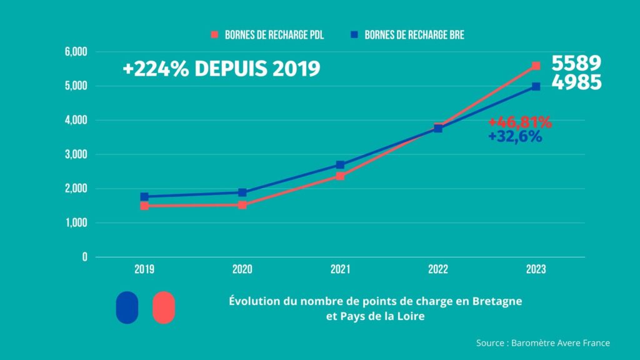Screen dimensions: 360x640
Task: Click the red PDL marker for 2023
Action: [536, 66]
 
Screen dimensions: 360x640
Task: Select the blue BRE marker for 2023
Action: [536, 86]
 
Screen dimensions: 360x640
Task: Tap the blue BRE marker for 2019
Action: [144, 196]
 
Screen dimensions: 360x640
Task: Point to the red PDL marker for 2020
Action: [242, 204]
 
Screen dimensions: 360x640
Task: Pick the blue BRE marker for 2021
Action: [340, 164]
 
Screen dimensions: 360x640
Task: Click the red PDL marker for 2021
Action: [340, 176]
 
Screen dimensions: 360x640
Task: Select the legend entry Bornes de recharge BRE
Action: [407, 35]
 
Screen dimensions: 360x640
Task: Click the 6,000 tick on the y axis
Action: [76, 51]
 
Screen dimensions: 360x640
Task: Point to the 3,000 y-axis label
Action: [76, 154]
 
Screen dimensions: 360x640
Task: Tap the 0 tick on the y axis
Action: [84, 257]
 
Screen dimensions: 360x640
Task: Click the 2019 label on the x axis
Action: [144, 270]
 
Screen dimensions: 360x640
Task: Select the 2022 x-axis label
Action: [438, 270]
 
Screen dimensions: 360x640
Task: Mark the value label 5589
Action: [576, 64]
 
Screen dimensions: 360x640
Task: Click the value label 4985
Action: [576, 82]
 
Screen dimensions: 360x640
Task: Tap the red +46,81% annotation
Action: [520, 122]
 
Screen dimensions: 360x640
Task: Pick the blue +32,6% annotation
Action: [516, 137]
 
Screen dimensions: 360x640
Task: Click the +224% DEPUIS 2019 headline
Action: [221, 69]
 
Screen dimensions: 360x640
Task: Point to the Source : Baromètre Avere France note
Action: [542, 342]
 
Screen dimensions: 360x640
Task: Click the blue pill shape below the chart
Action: [127, 307]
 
